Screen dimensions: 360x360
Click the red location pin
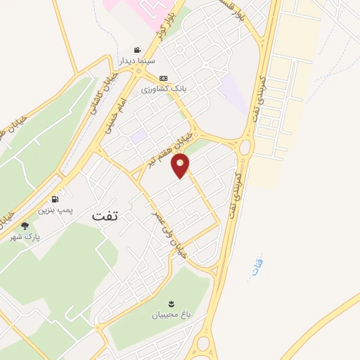(x=181, y=165)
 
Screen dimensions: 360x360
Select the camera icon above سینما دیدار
(x=137, y=51)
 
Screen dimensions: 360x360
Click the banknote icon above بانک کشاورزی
(x=163, y=78)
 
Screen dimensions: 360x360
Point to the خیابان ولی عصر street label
(x=171, y=228)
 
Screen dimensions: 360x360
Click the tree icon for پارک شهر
(x=25, y=226)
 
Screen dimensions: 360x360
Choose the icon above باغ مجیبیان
(x=169, y=303)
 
